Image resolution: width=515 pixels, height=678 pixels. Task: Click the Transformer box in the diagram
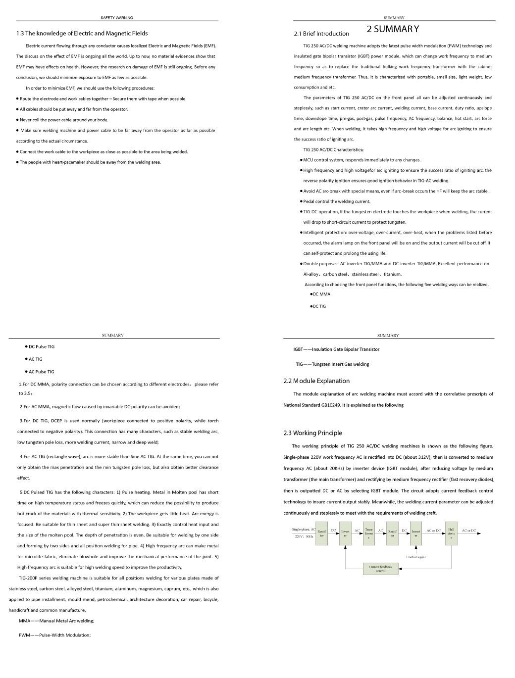[x=368, y=533]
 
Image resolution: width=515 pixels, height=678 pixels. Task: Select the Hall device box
[x=451, y=533]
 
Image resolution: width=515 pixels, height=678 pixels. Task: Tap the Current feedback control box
[x=380, y=569]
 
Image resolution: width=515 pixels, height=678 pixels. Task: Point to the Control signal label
[x=415, y=557]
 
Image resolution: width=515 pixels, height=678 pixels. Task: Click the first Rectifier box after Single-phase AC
[x=321, y=533]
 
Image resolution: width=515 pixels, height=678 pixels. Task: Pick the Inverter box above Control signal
[x=416, y=533]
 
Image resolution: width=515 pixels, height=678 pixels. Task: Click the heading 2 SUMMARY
[x=393, y=29]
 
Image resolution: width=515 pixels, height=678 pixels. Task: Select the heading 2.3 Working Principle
[x=312, y=433]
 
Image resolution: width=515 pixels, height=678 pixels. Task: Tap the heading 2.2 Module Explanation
[x=316, y=381]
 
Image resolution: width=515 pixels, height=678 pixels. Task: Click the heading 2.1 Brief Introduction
[x=321, y=34]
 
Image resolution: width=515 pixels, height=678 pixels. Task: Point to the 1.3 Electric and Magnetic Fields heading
[x=82, y=34]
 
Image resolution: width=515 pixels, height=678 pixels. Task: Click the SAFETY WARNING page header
[x=116, y=18]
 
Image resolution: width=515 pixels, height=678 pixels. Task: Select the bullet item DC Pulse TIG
[x=42, y=346]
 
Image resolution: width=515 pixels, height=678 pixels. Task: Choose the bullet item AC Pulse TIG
[x=42, y=372]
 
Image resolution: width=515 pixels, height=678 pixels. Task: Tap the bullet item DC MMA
[x=321, y=294]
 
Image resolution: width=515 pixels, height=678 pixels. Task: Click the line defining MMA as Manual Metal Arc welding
[x=56, y=621]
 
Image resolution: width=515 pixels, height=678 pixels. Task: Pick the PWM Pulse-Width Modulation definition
[x=55, y=635]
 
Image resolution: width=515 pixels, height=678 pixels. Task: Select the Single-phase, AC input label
[x=304, y=530]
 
